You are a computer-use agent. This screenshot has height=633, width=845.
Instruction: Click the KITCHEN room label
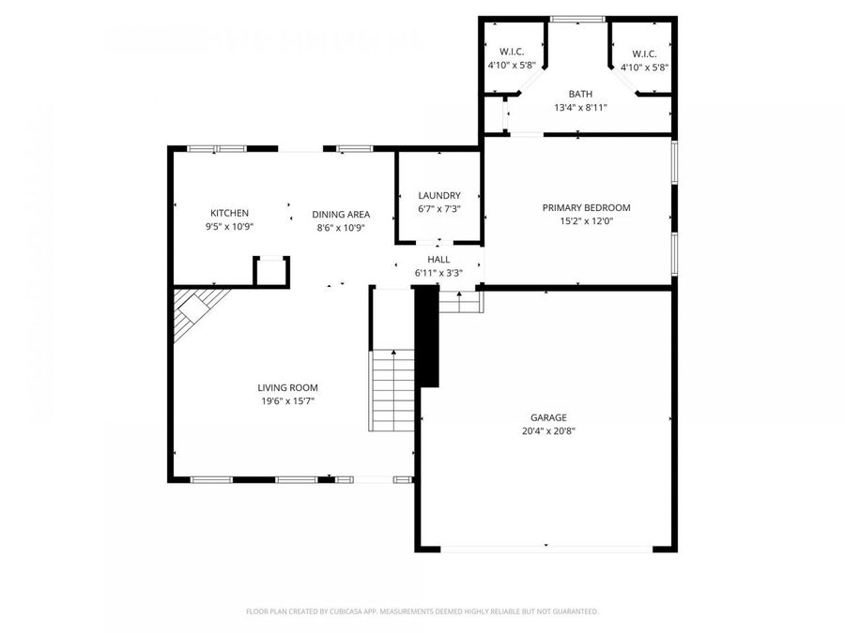click(229, 214)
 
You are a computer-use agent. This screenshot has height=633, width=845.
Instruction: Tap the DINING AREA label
click(340, 214)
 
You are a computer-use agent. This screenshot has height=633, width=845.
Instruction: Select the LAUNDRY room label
click(438, 195)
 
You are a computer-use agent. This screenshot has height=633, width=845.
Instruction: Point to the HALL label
click(438, 260)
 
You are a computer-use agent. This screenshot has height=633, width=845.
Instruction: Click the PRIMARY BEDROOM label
click(586, 207)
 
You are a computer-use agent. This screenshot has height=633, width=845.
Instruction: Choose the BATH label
click(580, 94)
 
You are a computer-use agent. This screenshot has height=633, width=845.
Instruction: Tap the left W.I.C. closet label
click(511, 52)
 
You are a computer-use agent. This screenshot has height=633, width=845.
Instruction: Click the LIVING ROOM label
click(287, 387)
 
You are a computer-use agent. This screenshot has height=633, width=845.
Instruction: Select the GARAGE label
click(547, 417)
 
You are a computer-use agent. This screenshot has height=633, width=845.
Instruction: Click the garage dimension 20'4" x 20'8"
click(547, 431)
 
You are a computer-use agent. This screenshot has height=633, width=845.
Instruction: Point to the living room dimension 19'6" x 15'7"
click(287, 401)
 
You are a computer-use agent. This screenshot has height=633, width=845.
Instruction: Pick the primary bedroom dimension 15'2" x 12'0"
click(586, 221)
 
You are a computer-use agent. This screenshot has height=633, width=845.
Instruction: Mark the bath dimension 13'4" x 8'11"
click(580, 108)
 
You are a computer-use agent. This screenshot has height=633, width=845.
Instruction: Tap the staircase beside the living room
click(392, 389)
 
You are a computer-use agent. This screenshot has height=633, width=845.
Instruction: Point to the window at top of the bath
click(577, 19)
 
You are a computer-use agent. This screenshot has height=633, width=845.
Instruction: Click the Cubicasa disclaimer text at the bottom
click(422, 611)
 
